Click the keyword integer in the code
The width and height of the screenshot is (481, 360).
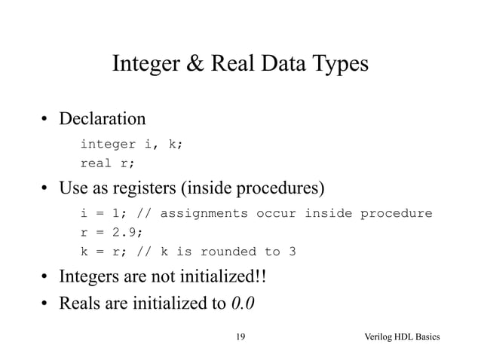[x=108, y=144]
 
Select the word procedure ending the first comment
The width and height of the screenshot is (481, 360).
[x=395, y=213]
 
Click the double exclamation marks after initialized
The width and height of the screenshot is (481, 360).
[x=260, y=279]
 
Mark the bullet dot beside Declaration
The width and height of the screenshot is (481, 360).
[x=45, y=120]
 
